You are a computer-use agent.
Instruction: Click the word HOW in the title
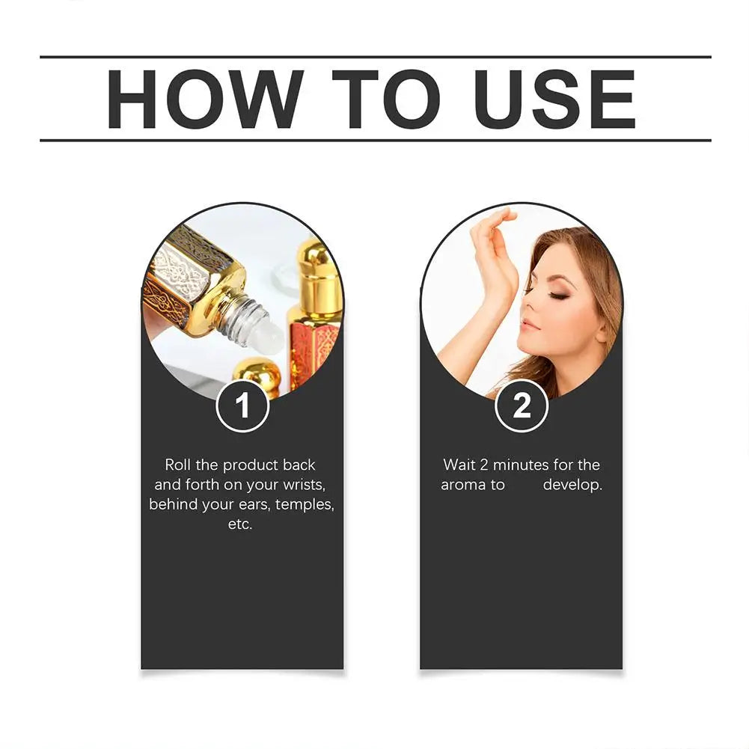coord(204,98)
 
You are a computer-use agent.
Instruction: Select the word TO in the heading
coord(382,98)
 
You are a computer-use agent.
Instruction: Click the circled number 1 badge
coord(242,406)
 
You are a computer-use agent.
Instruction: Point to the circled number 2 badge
coord(522,406)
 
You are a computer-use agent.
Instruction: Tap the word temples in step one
coord(305,504)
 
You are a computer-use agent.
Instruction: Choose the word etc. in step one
coord(241,524)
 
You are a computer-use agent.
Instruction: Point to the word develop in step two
coord(572,485)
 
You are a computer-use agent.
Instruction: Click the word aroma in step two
coord(462,485)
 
